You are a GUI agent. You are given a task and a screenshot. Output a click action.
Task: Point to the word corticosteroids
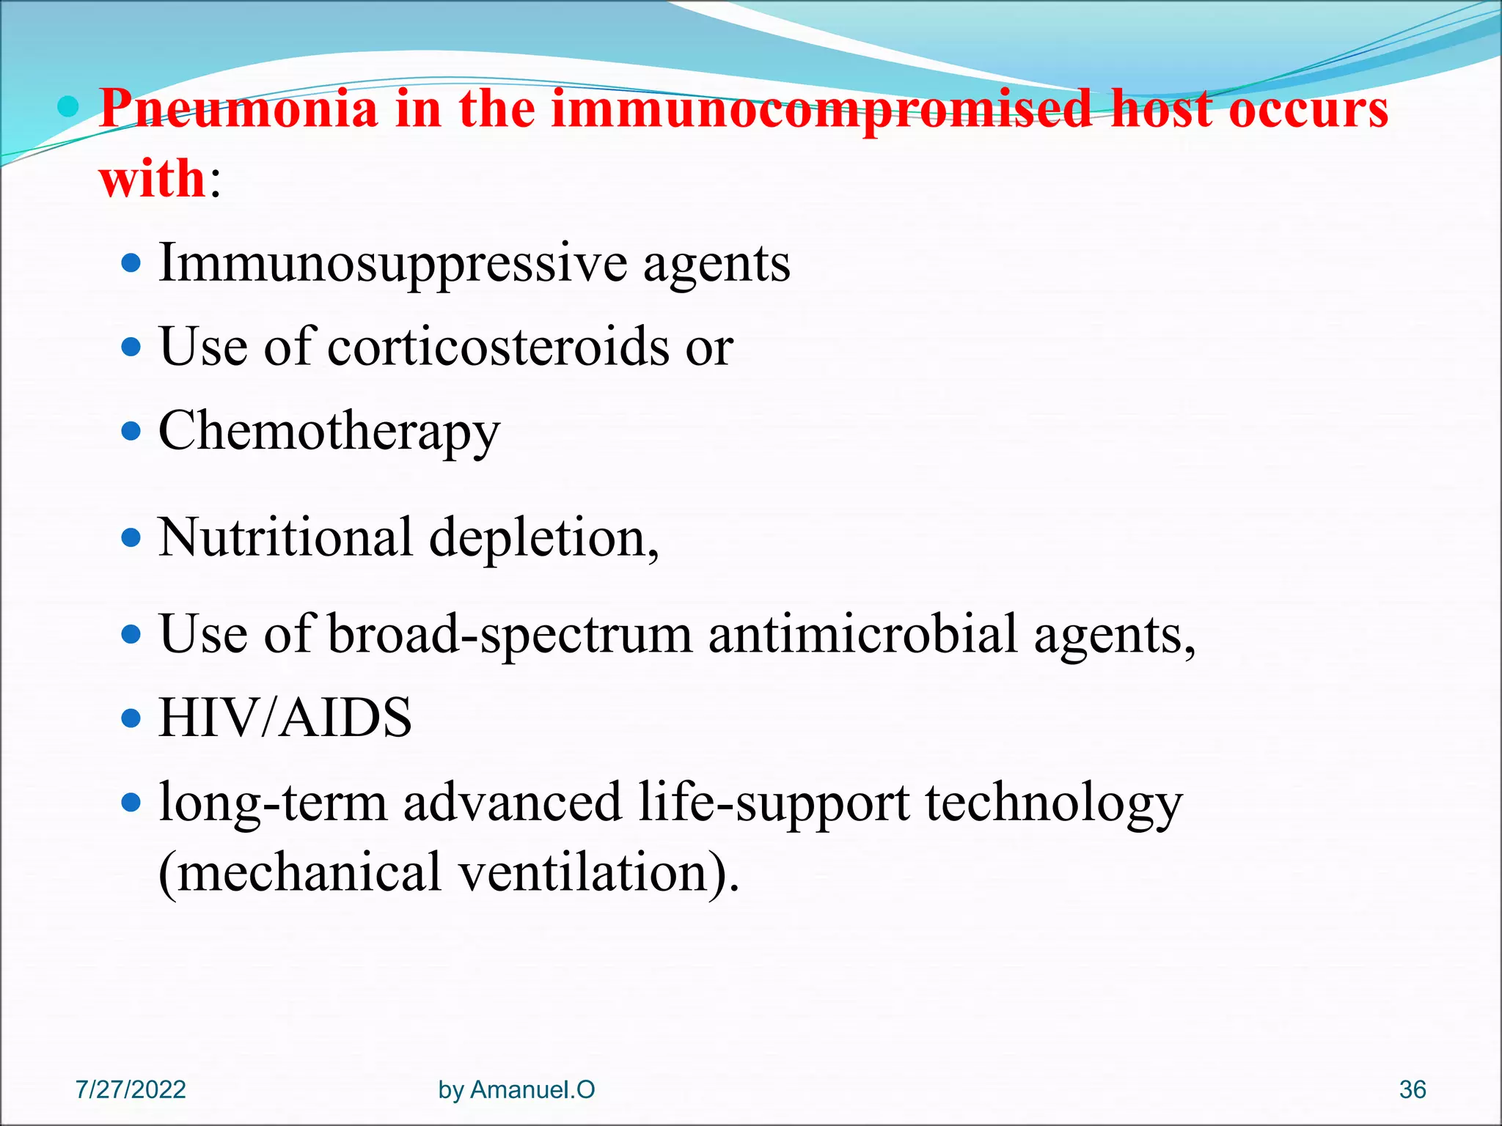[498, 347]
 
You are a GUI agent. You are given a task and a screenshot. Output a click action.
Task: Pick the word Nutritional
[285, 537]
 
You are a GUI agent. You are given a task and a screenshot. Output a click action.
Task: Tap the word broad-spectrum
[510, 635]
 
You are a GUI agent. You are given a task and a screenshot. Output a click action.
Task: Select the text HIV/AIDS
[285, 718]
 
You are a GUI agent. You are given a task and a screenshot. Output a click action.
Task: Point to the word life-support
[774, 802]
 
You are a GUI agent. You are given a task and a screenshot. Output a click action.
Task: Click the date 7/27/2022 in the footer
[131, 1089]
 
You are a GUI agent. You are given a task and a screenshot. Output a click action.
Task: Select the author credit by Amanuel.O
[516, 1089]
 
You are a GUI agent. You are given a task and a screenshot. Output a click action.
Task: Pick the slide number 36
[1412, 1089]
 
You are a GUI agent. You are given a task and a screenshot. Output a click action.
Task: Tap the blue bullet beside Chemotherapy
[131, 431]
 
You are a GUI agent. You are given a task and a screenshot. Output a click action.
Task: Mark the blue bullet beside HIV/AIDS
[131, 718]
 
